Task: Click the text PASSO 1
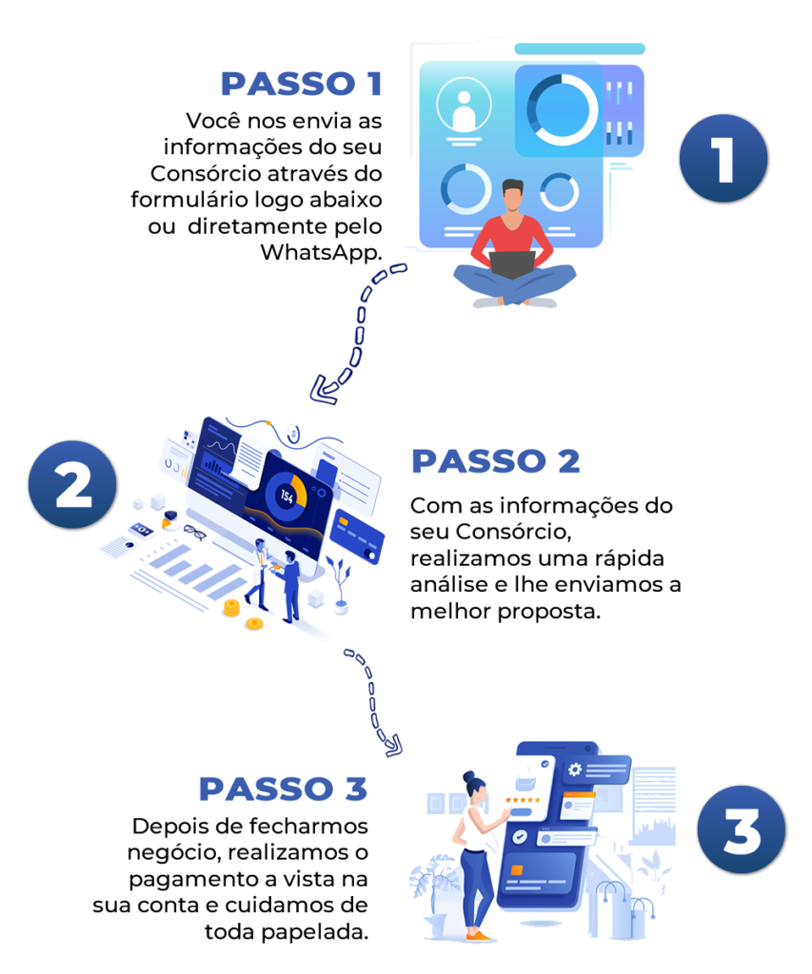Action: (x=300, y=84)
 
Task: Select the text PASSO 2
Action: (x=495, y=461)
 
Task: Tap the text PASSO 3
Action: (x=283, y=789)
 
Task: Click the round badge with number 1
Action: (x=723, y=158)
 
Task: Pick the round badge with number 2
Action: (x=72, y=484)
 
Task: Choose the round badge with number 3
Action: (x=741, y=829)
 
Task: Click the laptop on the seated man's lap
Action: (x=512, y=263)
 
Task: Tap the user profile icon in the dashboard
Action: (x=464, y=107)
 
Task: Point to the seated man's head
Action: (x=513, y=195)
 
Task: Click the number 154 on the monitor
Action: (x=285, y=496)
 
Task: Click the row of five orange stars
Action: (x=524, y=801)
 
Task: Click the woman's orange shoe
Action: (x=481, y=936)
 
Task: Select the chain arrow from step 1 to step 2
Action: (x=359, y=328)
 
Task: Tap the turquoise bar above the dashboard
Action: (x=579, y=49)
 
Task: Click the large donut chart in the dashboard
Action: (x=562, y=109)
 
